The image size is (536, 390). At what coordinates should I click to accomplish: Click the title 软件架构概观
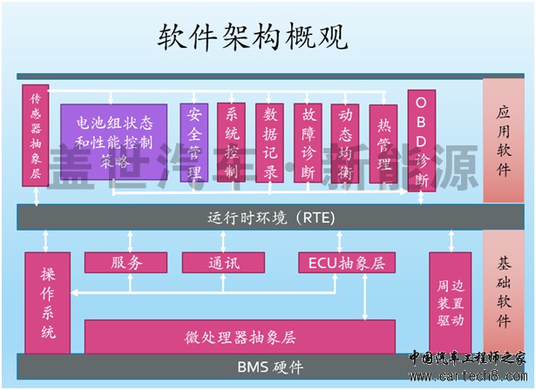click(252, 37)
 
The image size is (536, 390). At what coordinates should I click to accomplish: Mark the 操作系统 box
click(47, 301)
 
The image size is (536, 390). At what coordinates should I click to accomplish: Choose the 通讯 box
click(223, 262)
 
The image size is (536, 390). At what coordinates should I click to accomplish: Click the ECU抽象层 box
click(346, 262)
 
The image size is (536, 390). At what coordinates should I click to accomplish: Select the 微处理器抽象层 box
click(240, 336)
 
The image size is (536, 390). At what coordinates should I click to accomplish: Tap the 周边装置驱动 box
click(451, 301)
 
